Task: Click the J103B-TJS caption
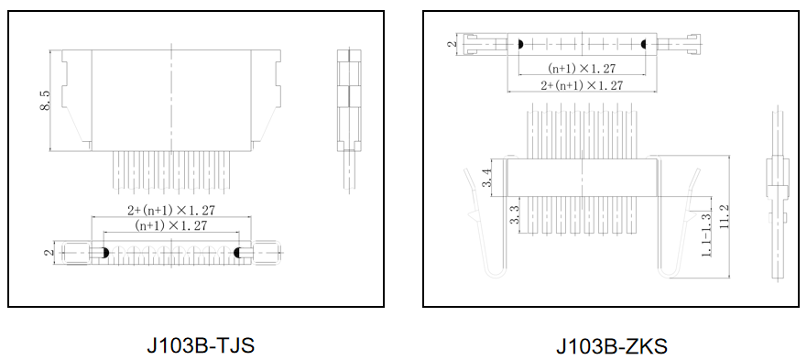(201, 345)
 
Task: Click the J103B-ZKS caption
(611, 345)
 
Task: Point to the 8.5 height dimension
(45, 101)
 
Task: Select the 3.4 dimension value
(485, 179)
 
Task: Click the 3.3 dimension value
(515, 214)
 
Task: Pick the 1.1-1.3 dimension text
(706, 235)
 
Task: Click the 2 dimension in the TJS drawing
(49, 253)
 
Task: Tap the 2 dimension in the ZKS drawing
(453, 44)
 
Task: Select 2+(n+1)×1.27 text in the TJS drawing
(171, 210)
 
